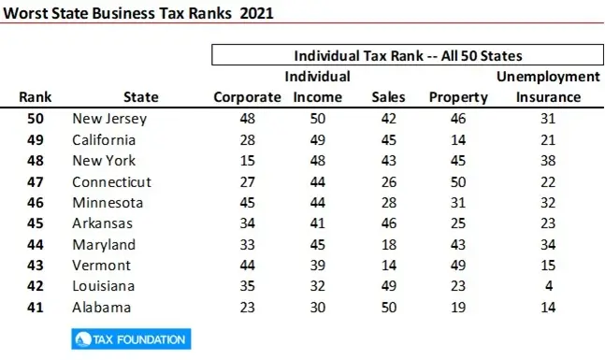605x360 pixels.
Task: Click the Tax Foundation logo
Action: pyautogui.click(x=129, y=339)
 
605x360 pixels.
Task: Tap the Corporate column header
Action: pyautogui.click(x=247, y=97)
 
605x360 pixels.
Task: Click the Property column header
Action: pyautogui.click(x=458, y=97)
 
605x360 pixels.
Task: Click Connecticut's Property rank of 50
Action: pyautogui.click(x=458, y=181)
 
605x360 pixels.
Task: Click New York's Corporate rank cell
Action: pyautogui.click(x=247, y=160)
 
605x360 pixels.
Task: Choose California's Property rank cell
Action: pyautogui.click(x=458, y=139)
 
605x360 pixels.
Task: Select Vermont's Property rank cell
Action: pyautogui.click(x=458, y=265)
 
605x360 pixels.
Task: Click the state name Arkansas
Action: pyautogui.click(x=103, y=223)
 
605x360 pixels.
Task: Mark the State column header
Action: pyautogui.click(x=140, y=97)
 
